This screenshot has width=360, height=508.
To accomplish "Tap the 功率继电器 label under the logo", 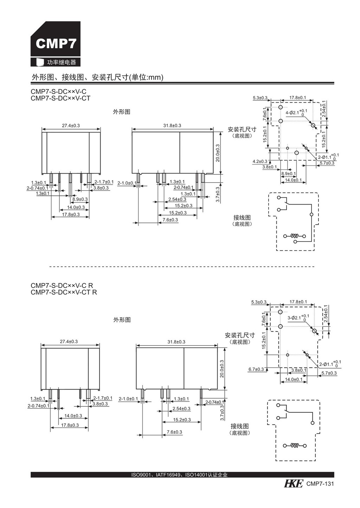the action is coord(61,62).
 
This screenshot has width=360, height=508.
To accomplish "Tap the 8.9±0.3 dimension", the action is coord(80,199).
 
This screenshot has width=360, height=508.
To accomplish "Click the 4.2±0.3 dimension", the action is coord(260,161).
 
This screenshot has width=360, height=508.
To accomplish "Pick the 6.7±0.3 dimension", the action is coord(256,369).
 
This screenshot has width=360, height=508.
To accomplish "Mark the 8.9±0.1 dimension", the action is coord(289,174).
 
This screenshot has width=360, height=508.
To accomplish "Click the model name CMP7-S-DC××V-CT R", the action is coord(64,292).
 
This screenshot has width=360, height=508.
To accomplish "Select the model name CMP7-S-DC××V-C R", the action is coord(62,285).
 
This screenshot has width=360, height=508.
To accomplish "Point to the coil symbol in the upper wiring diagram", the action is coord(295,236).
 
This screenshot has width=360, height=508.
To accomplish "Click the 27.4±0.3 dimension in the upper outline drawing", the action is coord(71,126).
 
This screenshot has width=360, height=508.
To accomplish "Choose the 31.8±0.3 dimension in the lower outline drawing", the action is coord(176,342).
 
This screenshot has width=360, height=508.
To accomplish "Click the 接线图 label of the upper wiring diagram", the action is coord(242,218).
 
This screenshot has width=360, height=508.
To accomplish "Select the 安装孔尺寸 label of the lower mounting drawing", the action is coord(240,335).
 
